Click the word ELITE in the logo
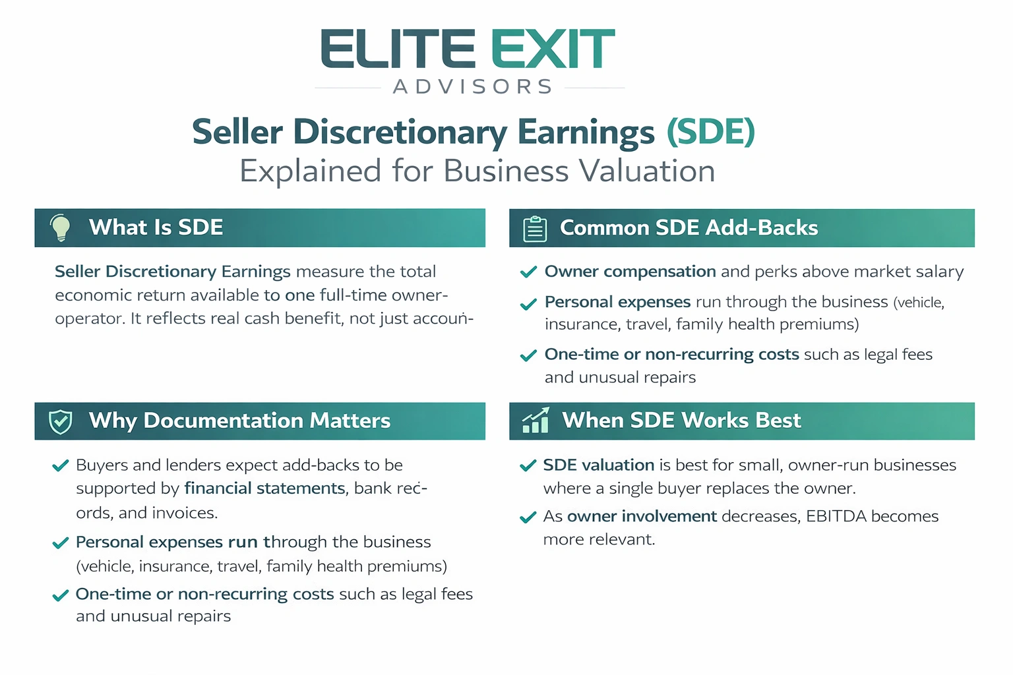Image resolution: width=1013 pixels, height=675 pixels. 398,49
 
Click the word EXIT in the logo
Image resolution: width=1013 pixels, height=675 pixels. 553,49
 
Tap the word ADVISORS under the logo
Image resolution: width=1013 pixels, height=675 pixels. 473,87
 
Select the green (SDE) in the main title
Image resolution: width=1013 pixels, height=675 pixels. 710,132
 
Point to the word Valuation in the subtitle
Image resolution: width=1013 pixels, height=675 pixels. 647,171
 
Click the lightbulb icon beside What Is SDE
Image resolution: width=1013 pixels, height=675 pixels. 61,227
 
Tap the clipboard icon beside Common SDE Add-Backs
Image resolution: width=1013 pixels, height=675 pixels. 535,229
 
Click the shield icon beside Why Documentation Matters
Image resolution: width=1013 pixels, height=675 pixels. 61,421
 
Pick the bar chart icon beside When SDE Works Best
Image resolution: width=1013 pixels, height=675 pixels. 536,421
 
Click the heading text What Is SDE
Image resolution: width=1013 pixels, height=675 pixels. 156,227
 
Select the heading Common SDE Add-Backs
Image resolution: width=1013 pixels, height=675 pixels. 689,228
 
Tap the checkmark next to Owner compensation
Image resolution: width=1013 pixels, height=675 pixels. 528,272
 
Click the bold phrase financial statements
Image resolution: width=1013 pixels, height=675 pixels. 264,488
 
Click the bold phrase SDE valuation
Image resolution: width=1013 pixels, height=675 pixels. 598,465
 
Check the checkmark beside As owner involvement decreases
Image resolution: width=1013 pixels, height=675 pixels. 528,517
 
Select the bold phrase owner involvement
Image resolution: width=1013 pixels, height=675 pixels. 642,516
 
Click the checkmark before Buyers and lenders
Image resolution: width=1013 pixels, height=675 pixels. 61,466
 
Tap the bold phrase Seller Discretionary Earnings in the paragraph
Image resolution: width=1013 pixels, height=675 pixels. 172,272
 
